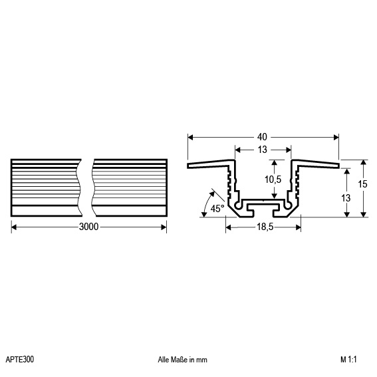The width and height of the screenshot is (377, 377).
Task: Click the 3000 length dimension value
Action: tap(88, 227)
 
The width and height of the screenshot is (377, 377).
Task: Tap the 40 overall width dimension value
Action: tap(262, 137)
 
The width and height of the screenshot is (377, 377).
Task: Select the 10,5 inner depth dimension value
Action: tap(273, 180)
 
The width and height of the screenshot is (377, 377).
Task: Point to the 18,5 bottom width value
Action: tap(265, 227)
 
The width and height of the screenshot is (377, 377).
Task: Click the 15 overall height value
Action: tap(362, 184)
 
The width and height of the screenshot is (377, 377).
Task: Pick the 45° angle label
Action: tap(217, 209)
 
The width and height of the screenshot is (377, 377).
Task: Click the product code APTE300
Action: tap(20, 360)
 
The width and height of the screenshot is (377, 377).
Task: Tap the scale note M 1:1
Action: tap(348, 360)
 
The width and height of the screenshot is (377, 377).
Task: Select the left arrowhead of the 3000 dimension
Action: tap(14, 227)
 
